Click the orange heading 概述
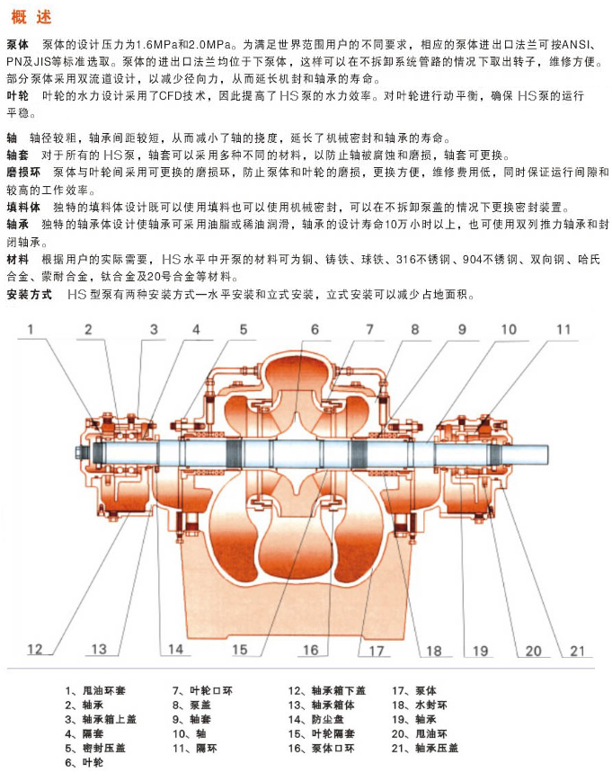(x=31, y=17)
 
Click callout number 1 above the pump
(x=31, y=329)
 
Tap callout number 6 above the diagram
(x=315, y=329)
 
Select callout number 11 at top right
(x=563, y=329)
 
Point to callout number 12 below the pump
(x=35, y=649)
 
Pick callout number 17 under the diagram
(x=377, y=651)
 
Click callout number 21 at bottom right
(x=577, y=651)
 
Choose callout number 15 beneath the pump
(x=240, y=650)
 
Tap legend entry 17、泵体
(x=413, y=690)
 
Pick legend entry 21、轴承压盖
(x=425, y=748)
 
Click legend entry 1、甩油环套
(x=95, y=690)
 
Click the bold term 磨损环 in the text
(x=23, y=173)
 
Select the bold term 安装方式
(x=30, y=295)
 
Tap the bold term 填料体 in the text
(x=23, y=208)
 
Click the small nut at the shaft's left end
(x=80, y=452)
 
